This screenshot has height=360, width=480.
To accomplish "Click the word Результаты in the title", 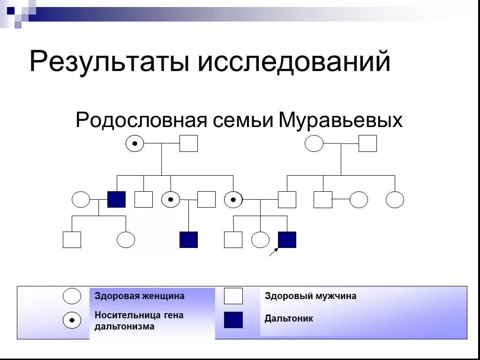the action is pyautogui.click(x=109, y=62).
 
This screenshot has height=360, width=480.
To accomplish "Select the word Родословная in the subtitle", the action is pyautogui.click(x=142, y=120).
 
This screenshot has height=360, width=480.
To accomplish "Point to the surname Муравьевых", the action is pyautogui.click(x=340, y=120).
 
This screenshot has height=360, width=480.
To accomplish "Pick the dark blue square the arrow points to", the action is pyautogui.click(x=287, y=240).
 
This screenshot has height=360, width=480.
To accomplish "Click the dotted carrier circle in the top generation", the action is pyautogui.click(x=135, y=143).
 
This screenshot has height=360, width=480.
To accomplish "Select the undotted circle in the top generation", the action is pyautogui.click(x=314, y=143).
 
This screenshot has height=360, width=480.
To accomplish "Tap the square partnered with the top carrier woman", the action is pyautogui.click(x=188, y=143).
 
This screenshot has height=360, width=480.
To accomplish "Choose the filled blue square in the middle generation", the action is pyautogui.click(x=116, y=199).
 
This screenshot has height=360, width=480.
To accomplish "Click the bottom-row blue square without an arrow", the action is pyautogui.click(x=188, y=240).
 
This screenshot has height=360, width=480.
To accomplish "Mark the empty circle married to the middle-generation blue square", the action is pyautogui.click(x=81, y=199).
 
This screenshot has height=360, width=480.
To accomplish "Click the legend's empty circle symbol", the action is pyautogui.click(x=72, y=296).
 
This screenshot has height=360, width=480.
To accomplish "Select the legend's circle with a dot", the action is pyautogui.click(x=72, y=320).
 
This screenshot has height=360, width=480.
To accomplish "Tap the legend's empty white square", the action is pyautogui.click(x=233, y=296).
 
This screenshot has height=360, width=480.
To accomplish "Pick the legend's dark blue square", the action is pyautogui.click(x=233, y=320).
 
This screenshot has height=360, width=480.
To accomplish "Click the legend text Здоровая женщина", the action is pyautogui.click(x=140, y=296).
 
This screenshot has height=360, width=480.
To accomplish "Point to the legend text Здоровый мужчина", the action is pyautogui.click(x=310, y=296).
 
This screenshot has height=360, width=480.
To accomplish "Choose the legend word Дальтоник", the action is pyautogui.click(x=289, y=319).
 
